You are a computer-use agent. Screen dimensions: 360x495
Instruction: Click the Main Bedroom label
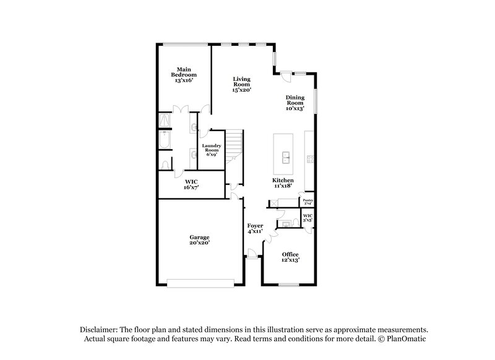(x=183, y=75)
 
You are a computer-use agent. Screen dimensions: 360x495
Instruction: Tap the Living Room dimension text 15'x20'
(x=241, y=90)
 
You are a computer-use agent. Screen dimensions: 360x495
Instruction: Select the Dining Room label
(x=295, y=103)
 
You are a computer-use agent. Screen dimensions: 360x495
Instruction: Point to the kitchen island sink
(x=286, y=157)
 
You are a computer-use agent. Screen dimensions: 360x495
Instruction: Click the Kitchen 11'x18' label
(x=283, y=183)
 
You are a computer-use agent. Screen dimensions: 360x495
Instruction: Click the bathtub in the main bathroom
(x=165, y=142)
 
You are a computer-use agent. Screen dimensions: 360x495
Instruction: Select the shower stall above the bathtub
(x=165, y=120)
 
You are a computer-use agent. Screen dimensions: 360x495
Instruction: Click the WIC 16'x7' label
(x=191, y=184)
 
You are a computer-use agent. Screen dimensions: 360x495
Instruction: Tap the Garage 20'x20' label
(x=199, y=240)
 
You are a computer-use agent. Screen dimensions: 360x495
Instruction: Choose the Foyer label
(x=255, y=228)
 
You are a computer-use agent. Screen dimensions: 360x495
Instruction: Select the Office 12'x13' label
(x=290, y=257)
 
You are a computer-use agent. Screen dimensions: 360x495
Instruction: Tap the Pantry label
(x=308, y=202)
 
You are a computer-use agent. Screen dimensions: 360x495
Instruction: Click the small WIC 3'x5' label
(x=307, y=218)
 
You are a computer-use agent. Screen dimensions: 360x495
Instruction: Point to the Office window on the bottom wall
(x=289, y=285)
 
